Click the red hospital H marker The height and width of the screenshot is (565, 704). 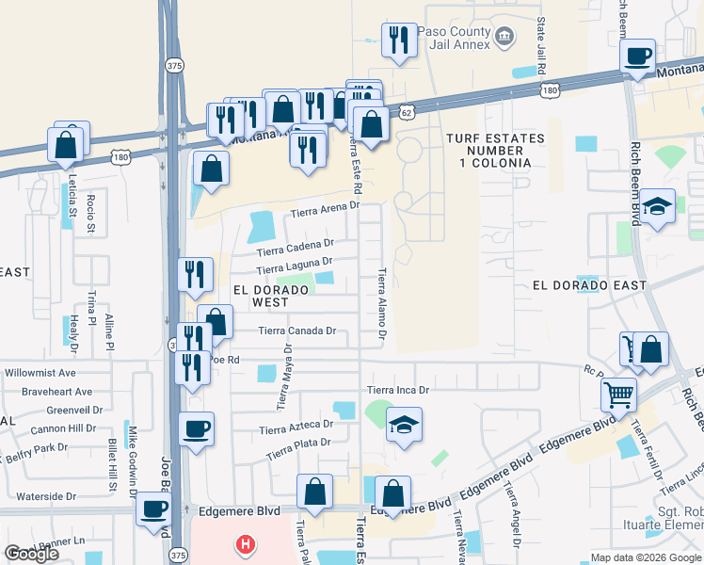tap(246, 544)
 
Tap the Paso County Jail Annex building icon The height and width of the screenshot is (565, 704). tap(505, 37)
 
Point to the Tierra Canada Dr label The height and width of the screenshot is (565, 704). tap(297, 331)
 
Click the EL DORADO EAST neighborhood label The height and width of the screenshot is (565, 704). tap(589, 285)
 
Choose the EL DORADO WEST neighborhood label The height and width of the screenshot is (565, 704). tap(267, 297)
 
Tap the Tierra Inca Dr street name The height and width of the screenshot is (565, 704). tap(397, 390)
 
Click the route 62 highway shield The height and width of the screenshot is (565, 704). tap(406, 111)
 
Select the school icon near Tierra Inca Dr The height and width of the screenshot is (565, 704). tap(405, 424)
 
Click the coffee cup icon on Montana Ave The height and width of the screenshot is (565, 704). tap(638, 56)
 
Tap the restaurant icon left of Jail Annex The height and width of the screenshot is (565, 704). tap(398, 40)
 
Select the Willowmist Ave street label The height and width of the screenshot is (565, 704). tap(40, 374)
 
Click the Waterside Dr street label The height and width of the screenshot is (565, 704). tap(45, 496)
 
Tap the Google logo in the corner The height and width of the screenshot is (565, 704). tap(31, 554)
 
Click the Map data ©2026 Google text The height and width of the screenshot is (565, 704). tap(645, 557)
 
